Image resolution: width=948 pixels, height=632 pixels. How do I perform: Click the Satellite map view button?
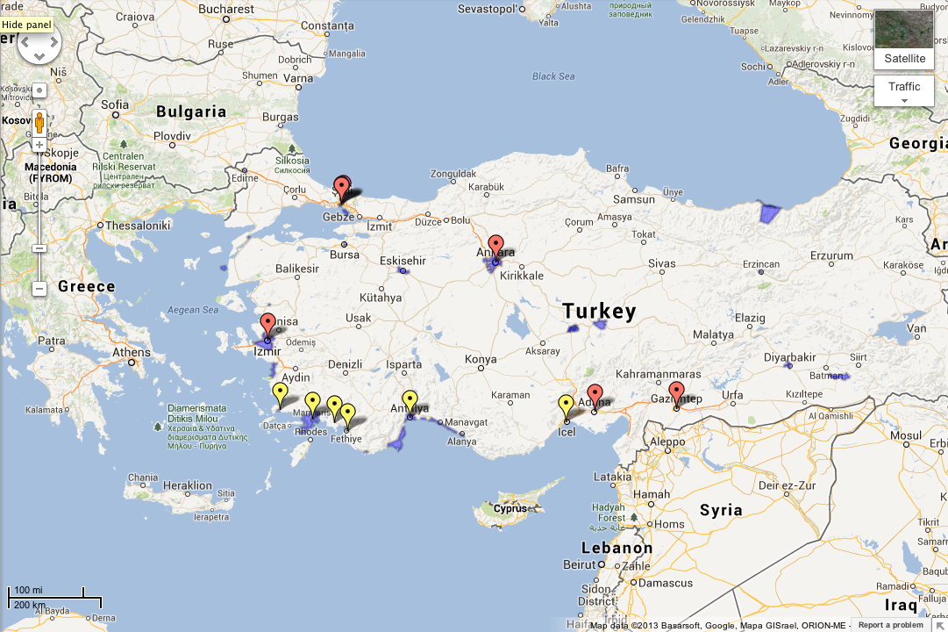click(x=904, y=39)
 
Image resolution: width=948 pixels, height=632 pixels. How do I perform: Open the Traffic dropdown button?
click(x=904, y=90)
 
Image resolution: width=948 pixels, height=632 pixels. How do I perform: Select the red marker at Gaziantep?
click(x=675, y=393)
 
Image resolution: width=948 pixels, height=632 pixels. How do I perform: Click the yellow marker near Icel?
click(x=567, y=406)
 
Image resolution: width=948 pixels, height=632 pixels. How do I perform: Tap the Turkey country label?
click(x=599, y=311)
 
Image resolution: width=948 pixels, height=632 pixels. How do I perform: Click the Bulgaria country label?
click(x=191, y=111)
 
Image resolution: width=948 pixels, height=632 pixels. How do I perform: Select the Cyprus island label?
click(x=510, y=508)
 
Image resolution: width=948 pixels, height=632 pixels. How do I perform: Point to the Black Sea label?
click(x=553, y=76)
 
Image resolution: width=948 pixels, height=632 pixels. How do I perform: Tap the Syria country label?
click(x=721, y=509)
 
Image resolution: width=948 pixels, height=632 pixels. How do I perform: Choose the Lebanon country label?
click(x=617, y=548)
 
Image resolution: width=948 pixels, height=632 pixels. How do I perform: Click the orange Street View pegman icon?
click(x=39, y=121)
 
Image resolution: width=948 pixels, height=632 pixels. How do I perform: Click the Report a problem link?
click(x=890, y=625)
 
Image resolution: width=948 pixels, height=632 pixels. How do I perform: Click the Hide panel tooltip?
click(x=26, y=25)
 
